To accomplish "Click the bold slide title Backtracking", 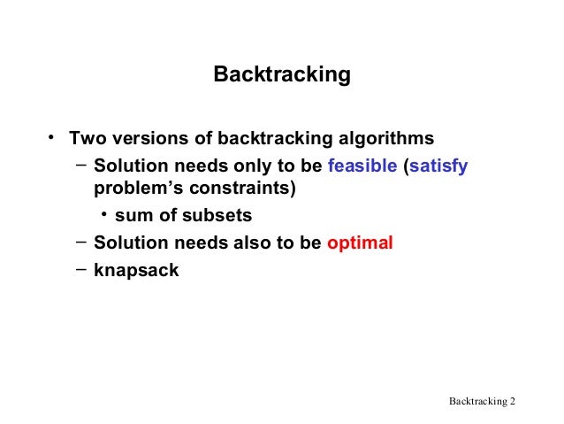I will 282,75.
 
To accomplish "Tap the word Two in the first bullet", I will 88,139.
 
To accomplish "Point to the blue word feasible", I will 362,165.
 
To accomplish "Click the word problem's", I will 135,189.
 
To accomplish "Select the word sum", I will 133,216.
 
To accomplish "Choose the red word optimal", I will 360,243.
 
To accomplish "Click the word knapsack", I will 136,270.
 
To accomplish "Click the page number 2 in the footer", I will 512,402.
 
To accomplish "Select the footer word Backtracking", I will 477,402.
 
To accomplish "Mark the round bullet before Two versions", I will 53,136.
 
